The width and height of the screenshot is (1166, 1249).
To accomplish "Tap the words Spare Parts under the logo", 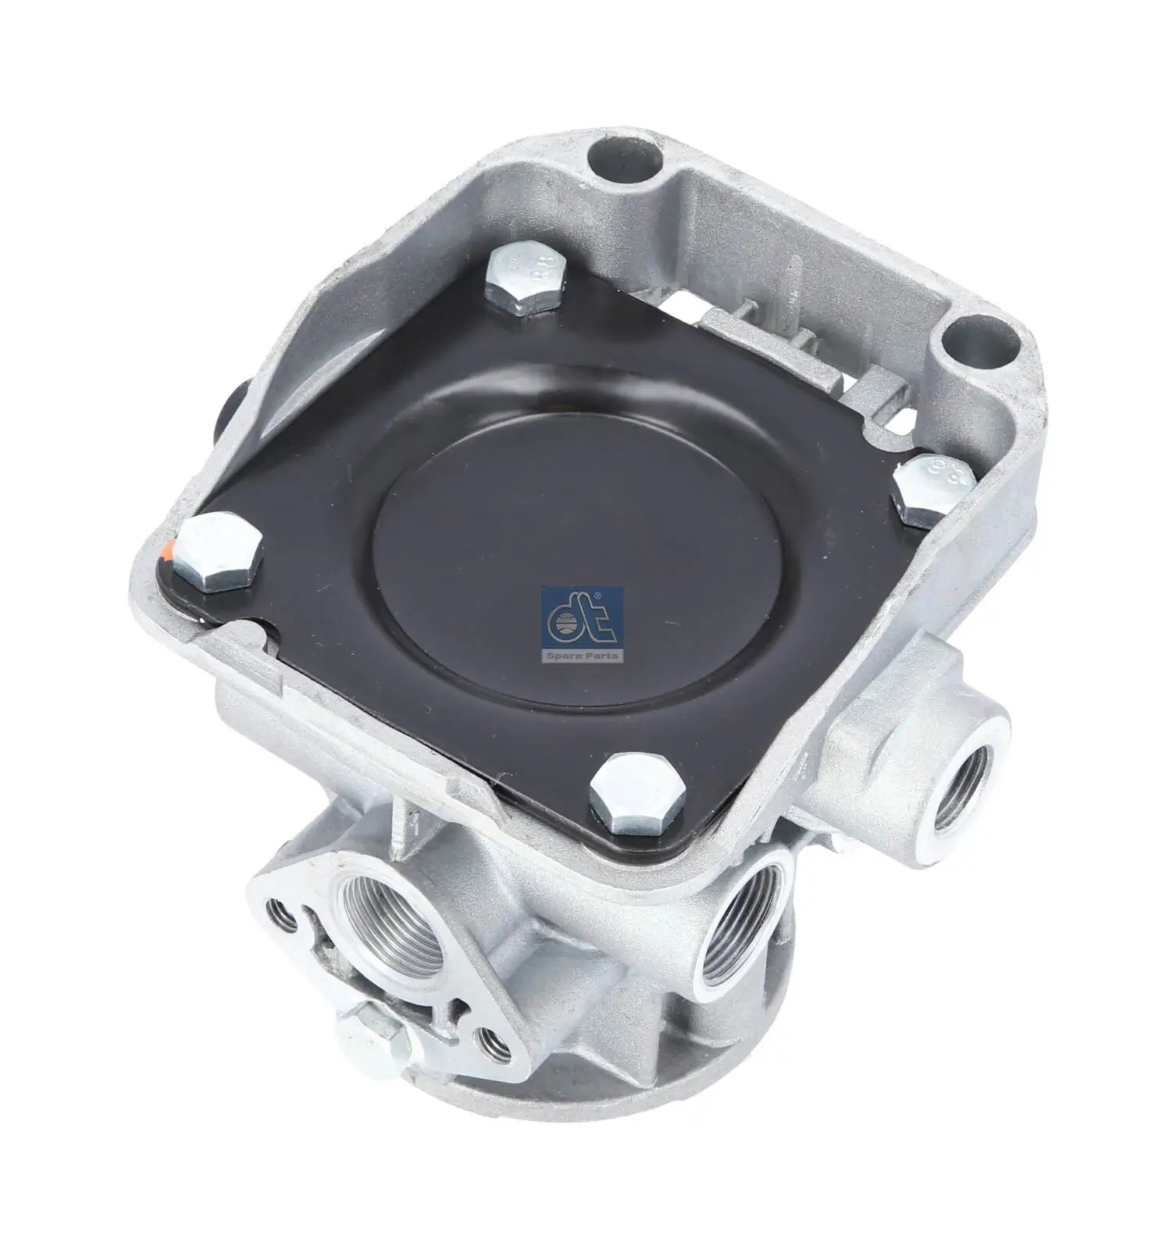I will click(580, 656).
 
